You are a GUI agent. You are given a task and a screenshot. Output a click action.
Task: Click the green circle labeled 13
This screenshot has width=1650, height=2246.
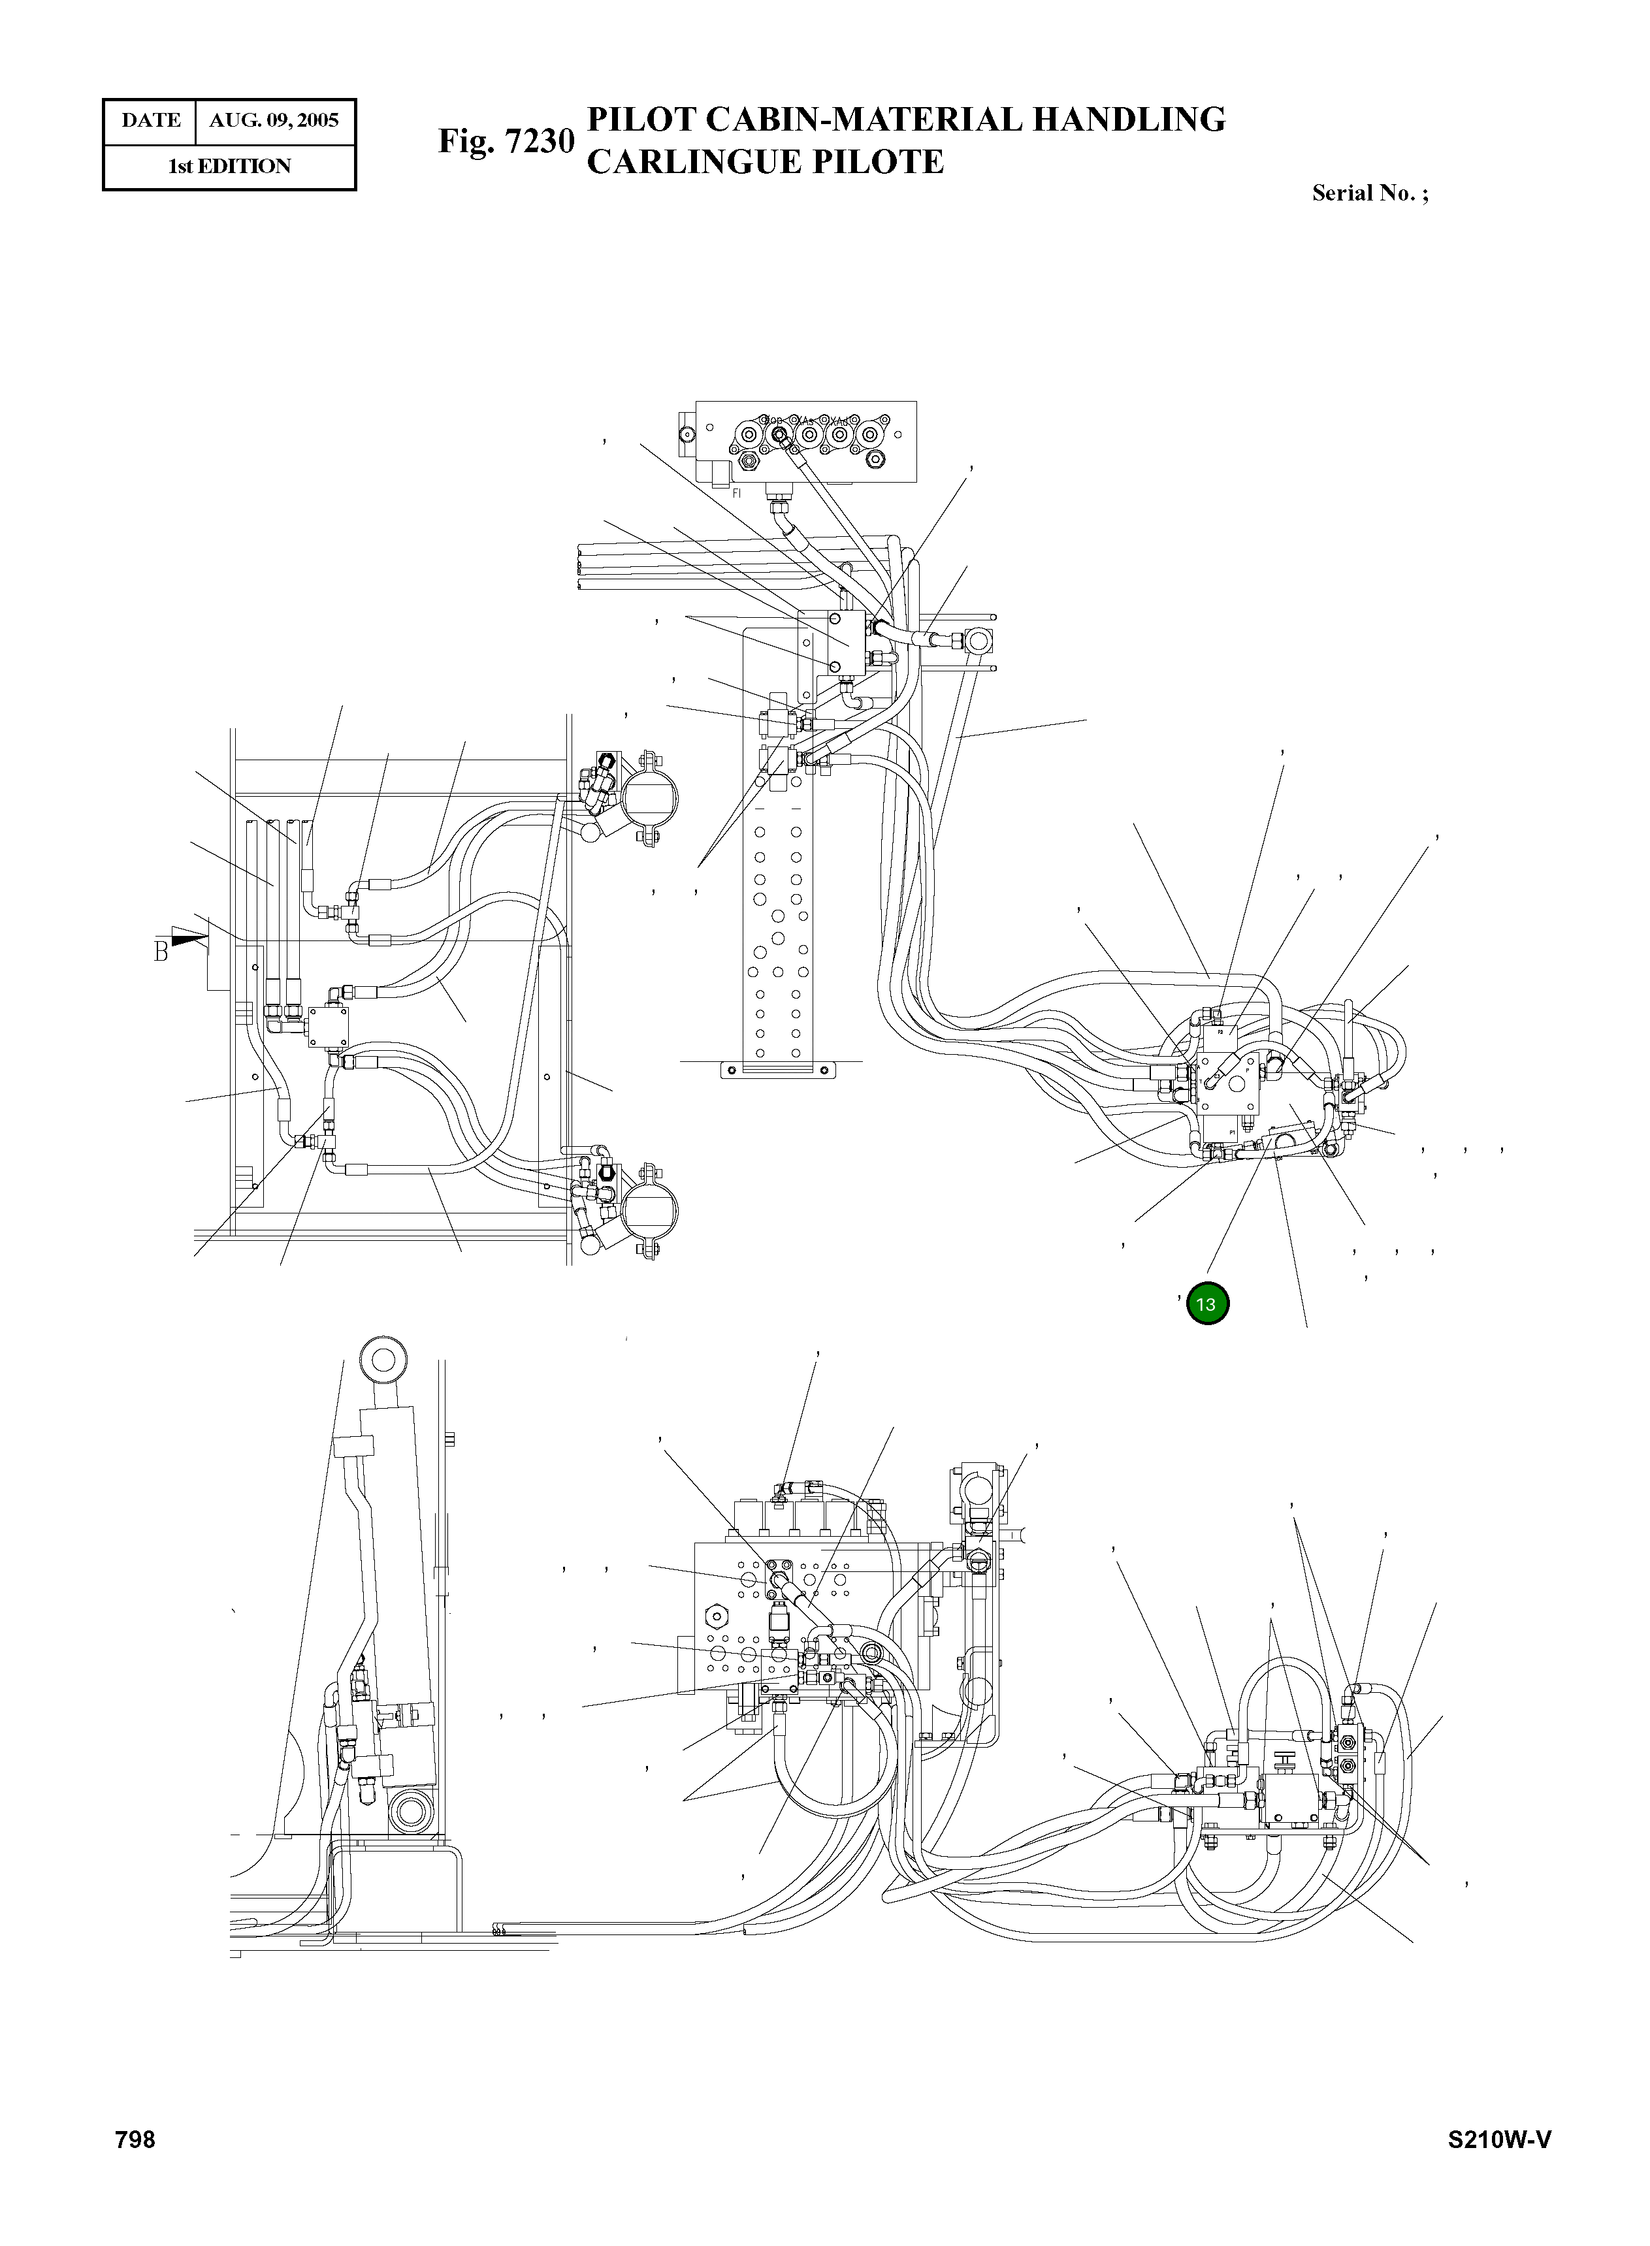(x=1206, y=1304)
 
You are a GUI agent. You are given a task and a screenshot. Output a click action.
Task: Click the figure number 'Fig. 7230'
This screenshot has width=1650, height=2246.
(x=506, y=141)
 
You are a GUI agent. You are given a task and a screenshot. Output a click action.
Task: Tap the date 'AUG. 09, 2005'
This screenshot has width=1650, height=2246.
(x=274, y=121)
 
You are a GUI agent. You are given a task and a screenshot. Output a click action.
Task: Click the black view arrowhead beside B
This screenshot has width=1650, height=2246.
(x=190, y=937)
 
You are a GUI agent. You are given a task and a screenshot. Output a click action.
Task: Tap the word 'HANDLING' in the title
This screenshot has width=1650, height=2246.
(x=1127, y=120)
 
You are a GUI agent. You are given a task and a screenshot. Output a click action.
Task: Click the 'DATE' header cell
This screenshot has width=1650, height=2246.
(x=151, y=121)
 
